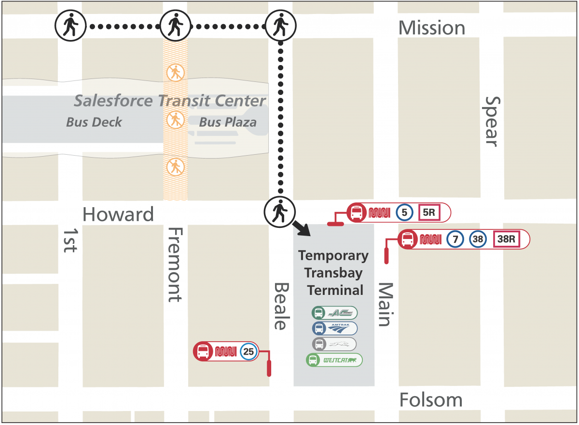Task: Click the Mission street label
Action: tap(431, 28)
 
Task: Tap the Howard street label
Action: tap(118, 214)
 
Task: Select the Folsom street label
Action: tap(431, 400)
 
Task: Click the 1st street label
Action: tap(69, 239)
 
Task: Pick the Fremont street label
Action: tap(175, 265)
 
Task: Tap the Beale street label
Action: tap(280, 306)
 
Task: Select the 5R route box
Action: tap(428, 212)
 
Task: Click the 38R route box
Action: tap(506, 239)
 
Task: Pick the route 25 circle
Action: tap(248, 352)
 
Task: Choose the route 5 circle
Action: tap(404, 212)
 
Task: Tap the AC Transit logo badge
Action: tap(334, 313)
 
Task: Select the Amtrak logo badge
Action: tap(334, 329)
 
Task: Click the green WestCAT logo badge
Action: tap(334, 360)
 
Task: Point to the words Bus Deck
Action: tap(94, 122)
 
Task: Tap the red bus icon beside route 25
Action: tap(203, 351)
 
